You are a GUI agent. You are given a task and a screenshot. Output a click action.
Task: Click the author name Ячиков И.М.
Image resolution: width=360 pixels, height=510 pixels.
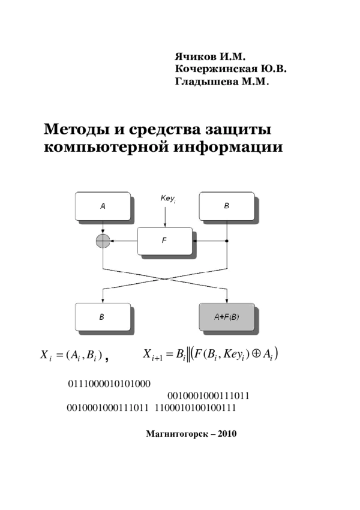[210, 57]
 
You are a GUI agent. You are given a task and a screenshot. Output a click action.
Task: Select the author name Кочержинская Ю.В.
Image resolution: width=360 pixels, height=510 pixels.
[231, 69]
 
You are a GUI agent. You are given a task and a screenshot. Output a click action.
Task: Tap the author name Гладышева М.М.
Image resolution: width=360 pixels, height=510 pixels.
[222, 82]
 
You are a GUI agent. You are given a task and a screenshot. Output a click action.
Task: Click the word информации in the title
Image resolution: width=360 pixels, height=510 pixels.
[228, 147]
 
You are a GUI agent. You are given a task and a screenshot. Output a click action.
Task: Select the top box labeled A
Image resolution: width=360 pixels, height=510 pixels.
[103, 206]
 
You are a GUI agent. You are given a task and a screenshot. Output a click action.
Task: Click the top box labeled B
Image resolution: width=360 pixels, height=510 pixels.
[227, 206]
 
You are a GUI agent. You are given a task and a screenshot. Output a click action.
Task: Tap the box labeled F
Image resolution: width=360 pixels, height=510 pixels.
[164, 241]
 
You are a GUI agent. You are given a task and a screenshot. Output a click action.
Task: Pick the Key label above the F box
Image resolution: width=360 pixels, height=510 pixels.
[168, 199]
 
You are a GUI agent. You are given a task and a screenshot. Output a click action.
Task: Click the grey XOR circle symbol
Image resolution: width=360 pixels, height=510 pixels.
[103, 241]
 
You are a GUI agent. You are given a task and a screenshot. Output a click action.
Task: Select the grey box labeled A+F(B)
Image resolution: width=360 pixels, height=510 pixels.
[227, 317]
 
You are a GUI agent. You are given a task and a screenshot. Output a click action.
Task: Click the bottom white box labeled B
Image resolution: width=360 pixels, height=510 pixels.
[103, 317]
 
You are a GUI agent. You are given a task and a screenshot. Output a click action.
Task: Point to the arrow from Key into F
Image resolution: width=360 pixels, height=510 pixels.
[165, 216]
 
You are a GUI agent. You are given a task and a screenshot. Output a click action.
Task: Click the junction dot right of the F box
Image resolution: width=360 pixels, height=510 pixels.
[227, 241]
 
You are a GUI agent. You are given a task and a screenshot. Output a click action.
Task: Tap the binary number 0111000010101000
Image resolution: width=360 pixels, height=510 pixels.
[109, 384]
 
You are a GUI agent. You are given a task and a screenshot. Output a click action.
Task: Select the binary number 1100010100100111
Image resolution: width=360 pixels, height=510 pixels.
[195, 407]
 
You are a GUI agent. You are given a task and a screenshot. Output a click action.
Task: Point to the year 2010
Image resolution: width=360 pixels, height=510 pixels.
[227, 434]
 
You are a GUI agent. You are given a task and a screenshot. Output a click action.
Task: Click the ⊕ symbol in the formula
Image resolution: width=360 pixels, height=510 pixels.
[256, 354]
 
